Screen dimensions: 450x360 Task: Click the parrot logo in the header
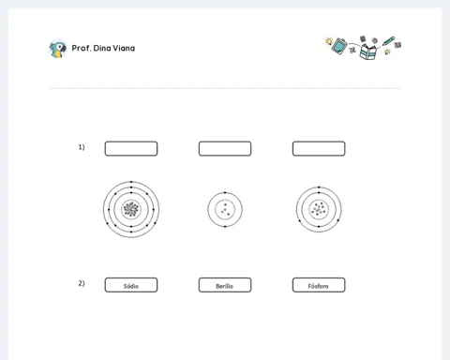(58, 49)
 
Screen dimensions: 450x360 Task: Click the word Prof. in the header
(82, 48)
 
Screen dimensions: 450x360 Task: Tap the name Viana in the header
(124, 48)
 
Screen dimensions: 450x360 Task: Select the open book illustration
(367, 52)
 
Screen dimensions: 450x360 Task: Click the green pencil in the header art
(388, 41)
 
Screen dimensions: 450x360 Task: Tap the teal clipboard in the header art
(339, 46)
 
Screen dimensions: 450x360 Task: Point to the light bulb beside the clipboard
(328, 41)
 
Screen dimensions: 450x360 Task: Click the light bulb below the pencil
(387, 52)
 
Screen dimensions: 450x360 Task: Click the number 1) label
(82, 147)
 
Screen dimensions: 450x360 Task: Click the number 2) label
(82, 283)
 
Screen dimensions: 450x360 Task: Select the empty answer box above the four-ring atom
(131, 149)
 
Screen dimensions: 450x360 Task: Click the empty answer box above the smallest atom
(225, 149)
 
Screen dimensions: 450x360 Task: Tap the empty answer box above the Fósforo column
(319, 149)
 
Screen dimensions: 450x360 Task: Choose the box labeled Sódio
(131, 285)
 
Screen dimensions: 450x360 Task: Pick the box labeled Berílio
(225, 285)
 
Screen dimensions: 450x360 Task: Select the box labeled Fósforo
(319, 285)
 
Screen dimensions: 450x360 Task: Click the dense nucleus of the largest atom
(131, 209)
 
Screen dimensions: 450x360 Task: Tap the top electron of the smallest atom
(225, 192)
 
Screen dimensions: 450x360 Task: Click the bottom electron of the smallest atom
(225, 226)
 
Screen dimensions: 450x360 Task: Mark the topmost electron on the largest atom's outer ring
(131, 182)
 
